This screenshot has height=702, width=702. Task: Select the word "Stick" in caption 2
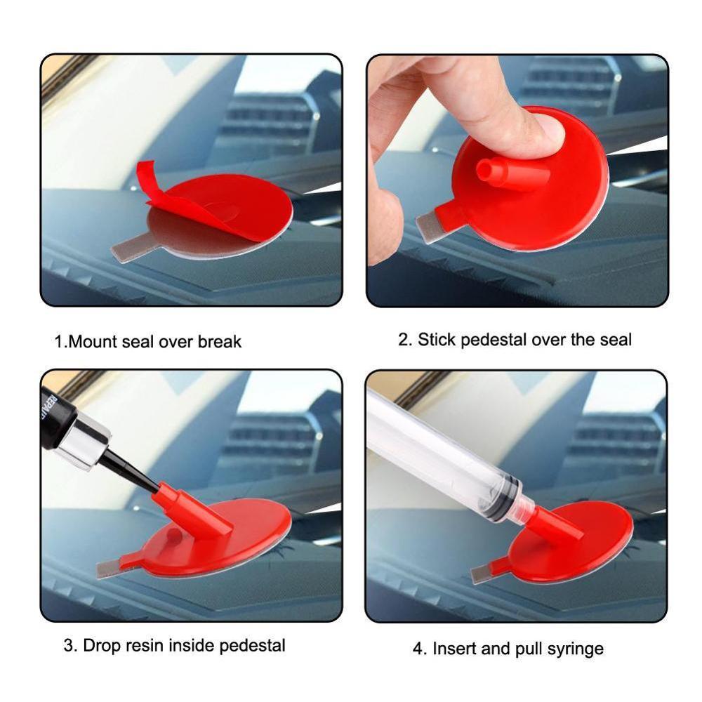click(437, 340)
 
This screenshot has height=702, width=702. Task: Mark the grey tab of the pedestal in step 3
click(110, 567)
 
